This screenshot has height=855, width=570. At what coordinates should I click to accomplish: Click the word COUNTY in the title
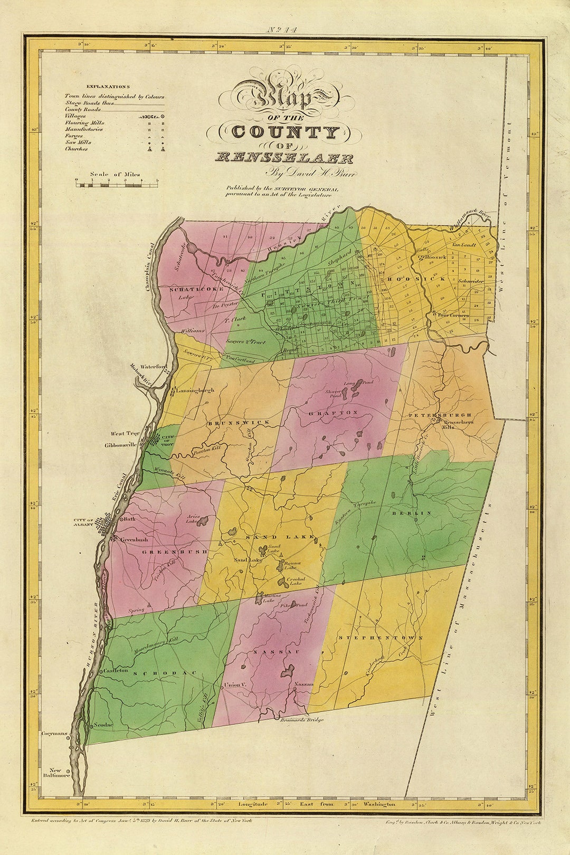[285, 132]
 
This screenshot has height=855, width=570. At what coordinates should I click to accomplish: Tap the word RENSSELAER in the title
[284, 157]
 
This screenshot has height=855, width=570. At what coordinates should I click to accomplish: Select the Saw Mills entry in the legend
[78, 142]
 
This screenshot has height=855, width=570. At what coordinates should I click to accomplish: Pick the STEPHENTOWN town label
[380, 638]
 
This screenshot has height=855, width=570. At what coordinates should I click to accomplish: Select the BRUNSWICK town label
[238, 423]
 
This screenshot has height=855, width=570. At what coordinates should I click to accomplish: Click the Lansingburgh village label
[196, 391]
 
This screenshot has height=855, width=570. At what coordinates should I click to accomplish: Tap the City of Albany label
[83, 522]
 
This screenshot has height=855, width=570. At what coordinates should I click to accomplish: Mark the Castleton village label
[116, 670]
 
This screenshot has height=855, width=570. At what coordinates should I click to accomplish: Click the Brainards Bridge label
[300, 720]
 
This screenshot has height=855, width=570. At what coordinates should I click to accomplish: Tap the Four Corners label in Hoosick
[453, 315]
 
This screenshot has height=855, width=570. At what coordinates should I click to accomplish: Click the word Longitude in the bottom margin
[253, 804]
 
